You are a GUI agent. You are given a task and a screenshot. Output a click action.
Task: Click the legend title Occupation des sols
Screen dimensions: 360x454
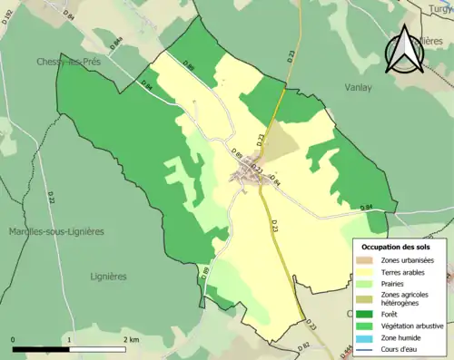coord(402,247)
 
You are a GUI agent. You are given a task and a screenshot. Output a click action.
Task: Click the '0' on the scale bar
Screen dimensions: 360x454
coord(14,339)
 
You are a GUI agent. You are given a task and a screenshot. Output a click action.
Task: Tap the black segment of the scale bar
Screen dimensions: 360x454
coord(42,349)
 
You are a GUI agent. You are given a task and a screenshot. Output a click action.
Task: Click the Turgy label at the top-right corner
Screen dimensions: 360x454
coord(439,8)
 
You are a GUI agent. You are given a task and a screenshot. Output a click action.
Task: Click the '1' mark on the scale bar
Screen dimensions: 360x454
coord(70,339)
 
